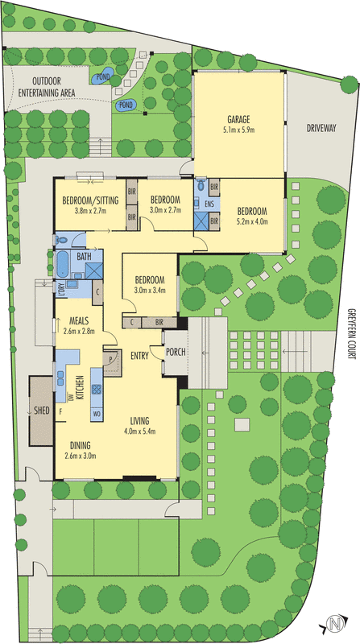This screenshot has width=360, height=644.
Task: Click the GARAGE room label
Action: coord(238,120)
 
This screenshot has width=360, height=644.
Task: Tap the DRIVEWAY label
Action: coord(321,128)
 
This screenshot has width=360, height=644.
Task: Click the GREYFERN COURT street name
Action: coord(350,333)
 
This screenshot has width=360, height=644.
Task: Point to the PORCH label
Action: coord(176,352)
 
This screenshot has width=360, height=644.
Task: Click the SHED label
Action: coord(42,411)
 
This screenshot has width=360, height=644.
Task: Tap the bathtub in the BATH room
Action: coord(63,264)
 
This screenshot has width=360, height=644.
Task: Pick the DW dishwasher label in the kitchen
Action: coord(70,397)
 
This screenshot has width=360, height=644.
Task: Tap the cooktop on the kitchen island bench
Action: coord(97,389)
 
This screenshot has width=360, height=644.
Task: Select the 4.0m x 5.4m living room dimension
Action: coord(139,431)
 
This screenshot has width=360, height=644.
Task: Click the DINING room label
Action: coord(81,445)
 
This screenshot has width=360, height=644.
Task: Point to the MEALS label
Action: coord(80,320)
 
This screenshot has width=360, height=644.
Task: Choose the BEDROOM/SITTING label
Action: coord(90,200)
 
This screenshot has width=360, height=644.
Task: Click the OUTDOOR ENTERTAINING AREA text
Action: coord(47,87)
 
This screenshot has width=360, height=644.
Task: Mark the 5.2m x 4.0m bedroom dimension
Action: coord(252,222)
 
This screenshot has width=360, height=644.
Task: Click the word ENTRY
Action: coord(139,356)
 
